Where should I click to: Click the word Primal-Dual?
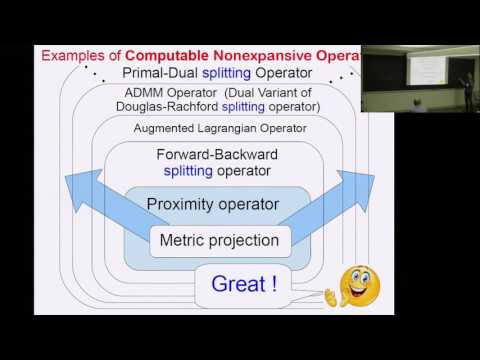[159, 74]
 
